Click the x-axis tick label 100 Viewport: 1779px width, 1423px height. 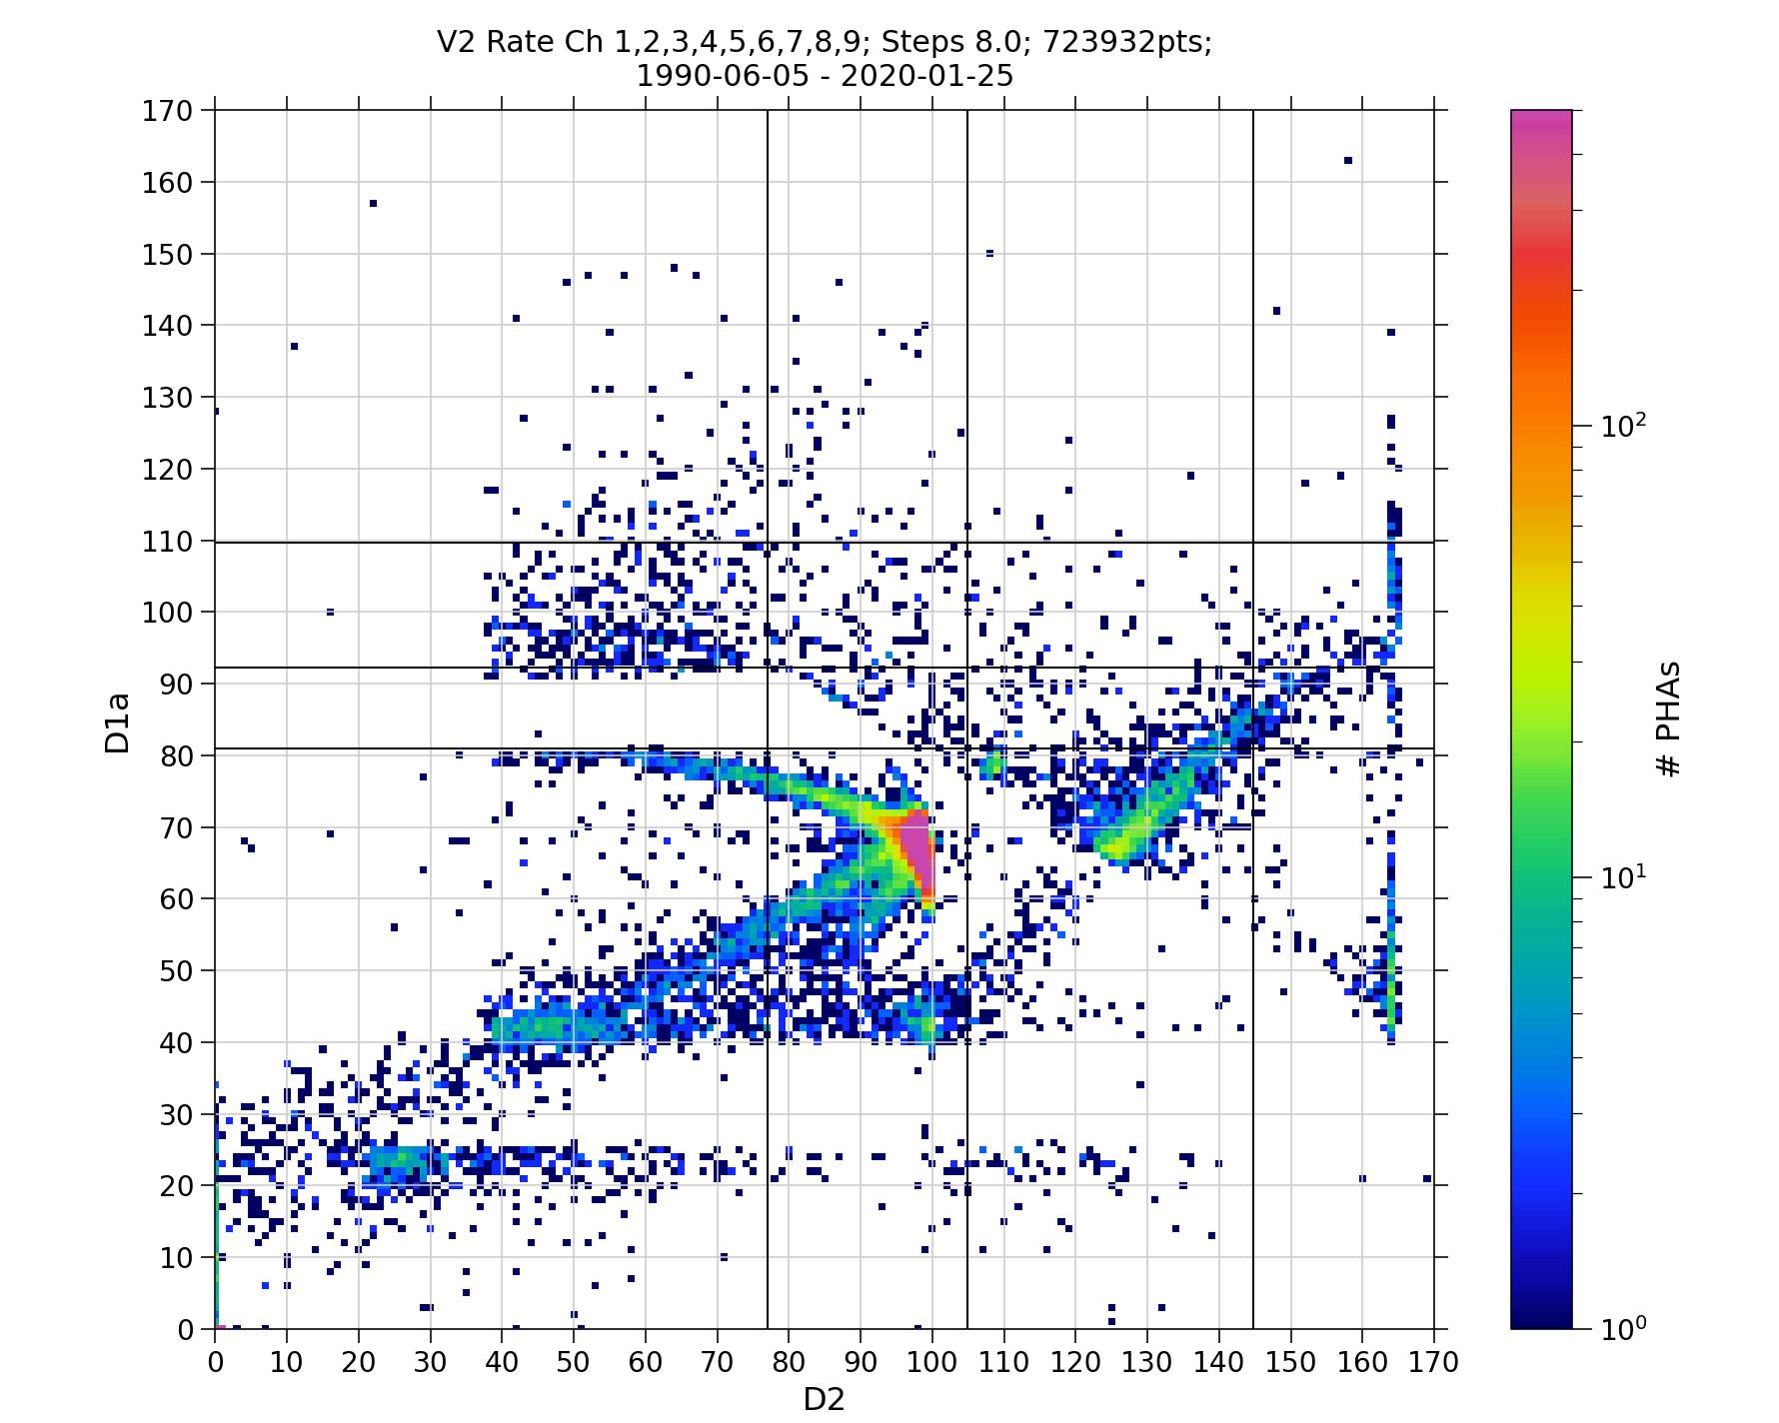point(931,1361)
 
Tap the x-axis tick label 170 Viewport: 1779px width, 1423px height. point(1433,1361)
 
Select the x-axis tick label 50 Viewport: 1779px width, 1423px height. point(574,1361)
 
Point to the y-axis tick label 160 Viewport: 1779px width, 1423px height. point(168,183)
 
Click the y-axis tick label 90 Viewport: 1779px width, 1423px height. point(177,685)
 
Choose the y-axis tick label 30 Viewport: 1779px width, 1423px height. point(177,1114)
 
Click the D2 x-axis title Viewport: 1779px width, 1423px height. point(824,1399)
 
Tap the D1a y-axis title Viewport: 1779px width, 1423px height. point(118,721)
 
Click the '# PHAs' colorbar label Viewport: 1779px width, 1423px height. point(1667,718)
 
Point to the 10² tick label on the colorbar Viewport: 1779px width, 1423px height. point(1623,426)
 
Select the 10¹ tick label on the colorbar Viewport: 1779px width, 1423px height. point(1623,877)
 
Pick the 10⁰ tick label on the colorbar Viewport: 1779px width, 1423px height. point(1623,1328)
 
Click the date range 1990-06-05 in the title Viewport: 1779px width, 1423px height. point(723,76)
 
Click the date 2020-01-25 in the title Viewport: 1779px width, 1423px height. point(927,76)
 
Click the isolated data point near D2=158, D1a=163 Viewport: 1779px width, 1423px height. point(1348,160)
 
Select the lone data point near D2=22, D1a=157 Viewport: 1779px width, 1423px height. point(373,203)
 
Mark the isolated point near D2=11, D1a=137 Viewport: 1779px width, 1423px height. point(294,347)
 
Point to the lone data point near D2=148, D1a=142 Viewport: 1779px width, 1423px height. point(1276,311)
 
